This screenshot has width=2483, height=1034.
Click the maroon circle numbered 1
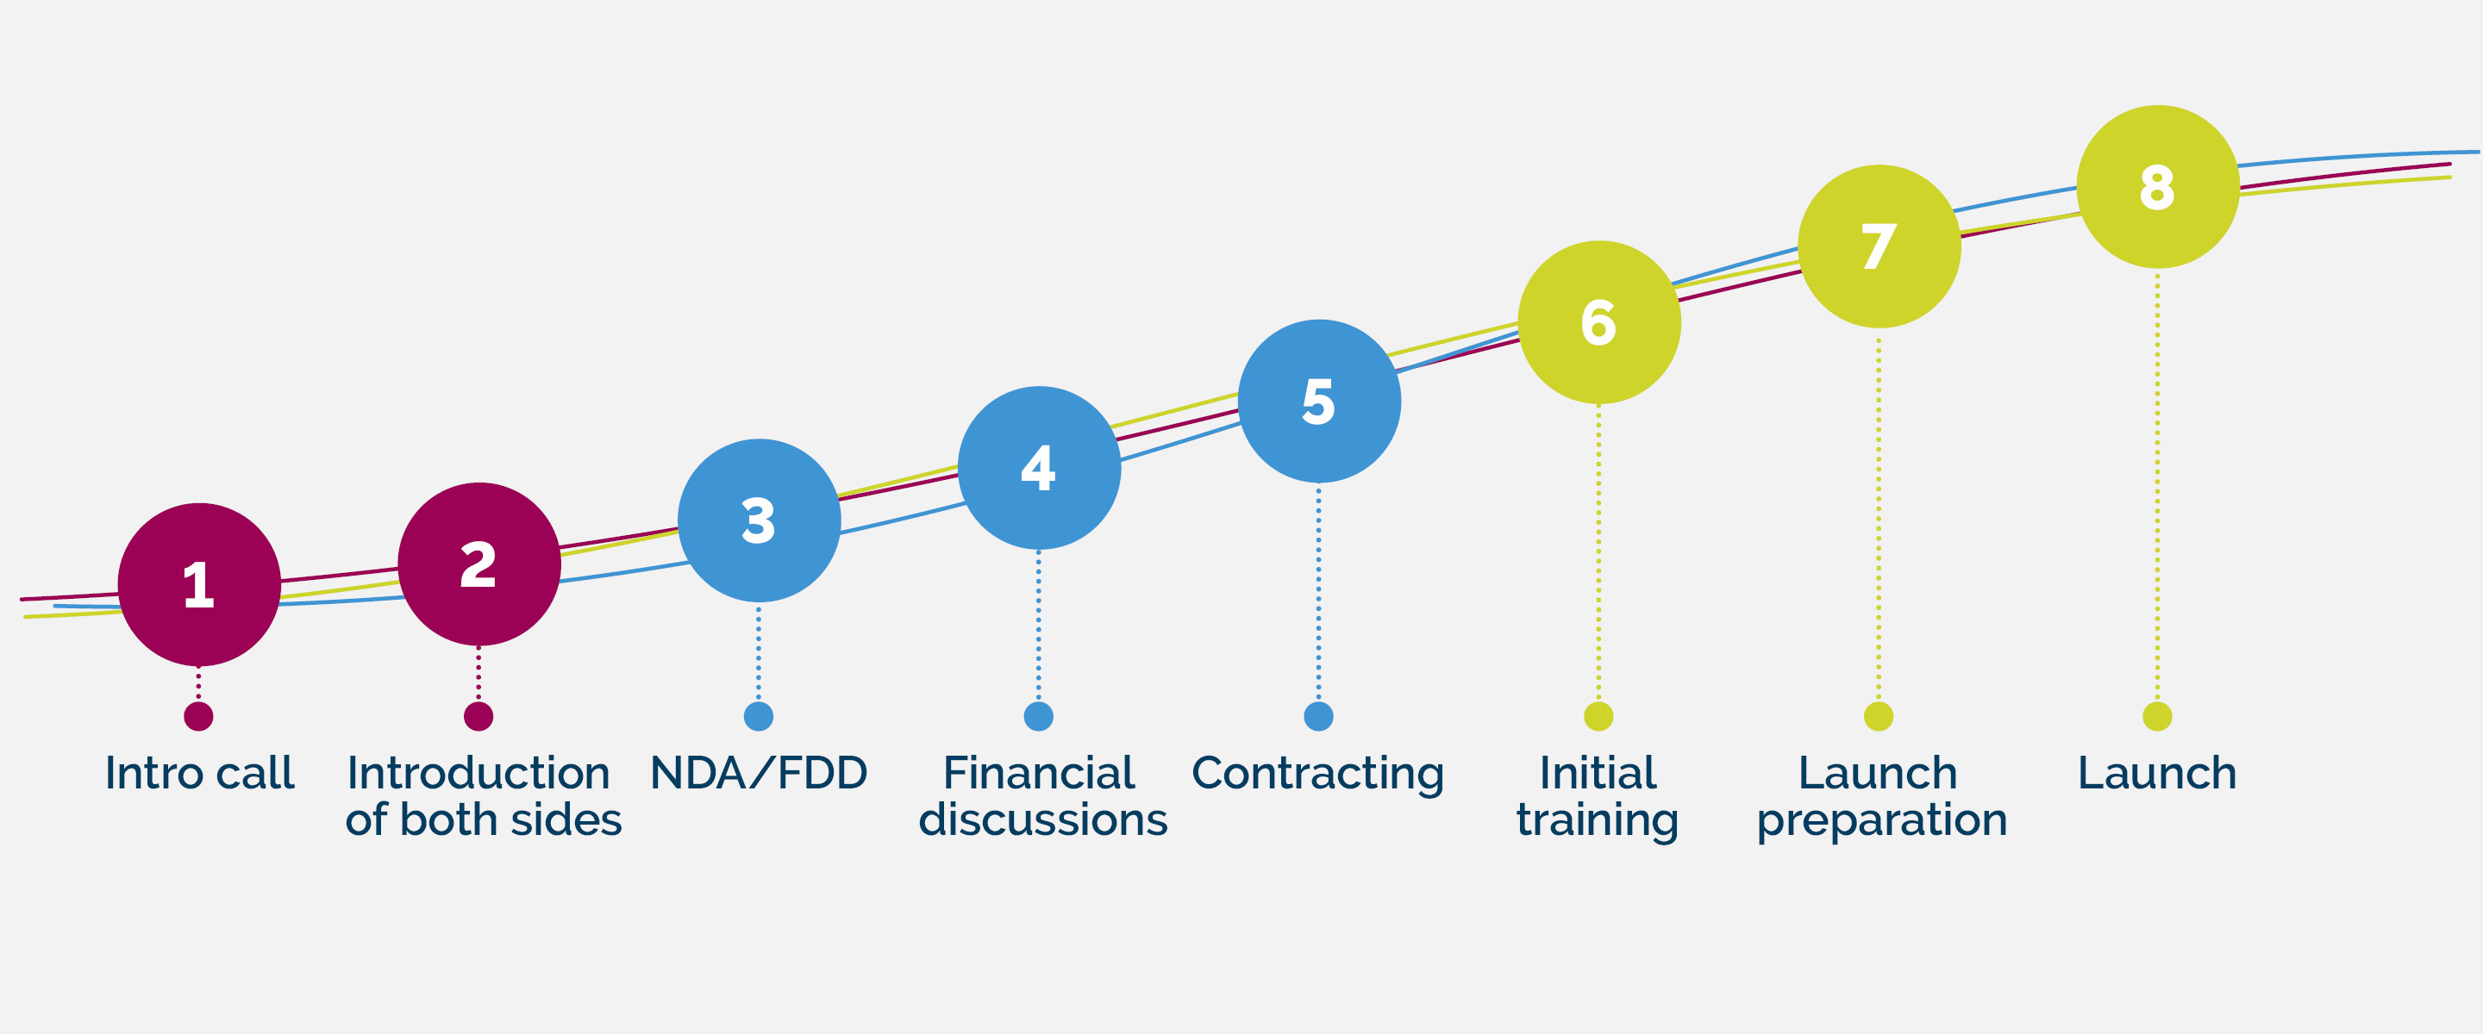click(199, 584)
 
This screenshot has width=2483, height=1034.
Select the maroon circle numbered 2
click(479, 564)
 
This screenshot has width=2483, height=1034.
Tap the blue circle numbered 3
click(760, 520)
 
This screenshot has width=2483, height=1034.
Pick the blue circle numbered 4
click(1039, 467)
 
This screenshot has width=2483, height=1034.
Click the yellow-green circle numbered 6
click(1599, 322)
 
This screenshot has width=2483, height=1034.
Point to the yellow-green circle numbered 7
click(1879, 246)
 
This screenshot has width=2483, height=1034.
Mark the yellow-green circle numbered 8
click(2158, 186)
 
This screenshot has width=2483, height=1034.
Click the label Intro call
click(199, 773)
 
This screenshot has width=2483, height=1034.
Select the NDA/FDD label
click(760, 773)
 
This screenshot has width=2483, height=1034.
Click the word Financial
click(1039, 773)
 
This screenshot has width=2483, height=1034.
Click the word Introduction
click(479, 773)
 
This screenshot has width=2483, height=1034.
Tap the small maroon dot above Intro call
click(198, 716)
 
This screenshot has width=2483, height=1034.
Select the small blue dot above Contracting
click(1318, 716)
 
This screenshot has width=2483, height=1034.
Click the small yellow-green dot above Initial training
click(1598, 716)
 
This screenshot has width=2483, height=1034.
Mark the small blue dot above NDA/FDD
click(759, 716)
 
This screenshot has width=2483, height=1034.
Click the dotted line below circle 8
click(2157, 485)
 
